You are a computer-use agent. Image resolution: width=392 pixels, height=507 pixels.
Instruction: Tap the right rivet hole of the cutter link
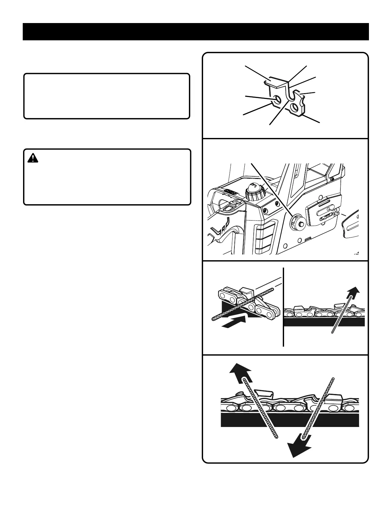294,107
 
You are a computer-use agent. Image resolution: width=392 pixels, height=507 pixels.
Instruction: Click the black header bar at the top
196,32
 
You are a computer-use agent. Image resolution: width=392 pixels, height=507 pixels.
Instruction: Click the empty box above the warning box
107,96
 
